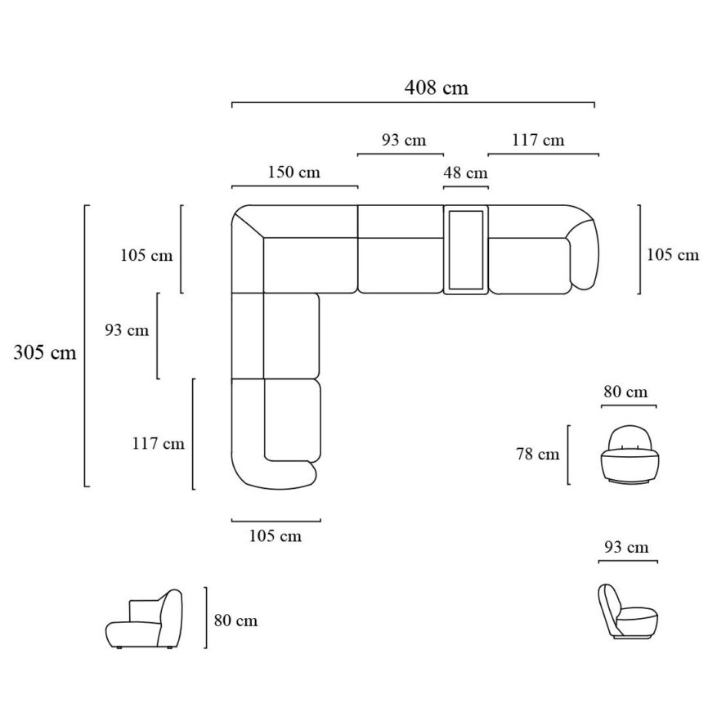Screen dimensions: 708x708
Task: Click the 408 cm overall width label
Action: tap(436, 87)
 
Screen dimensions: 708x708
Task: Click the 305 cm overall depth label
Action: tap(45, 352)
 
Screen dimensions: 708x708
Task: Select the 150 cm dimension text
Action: tap(294, 173)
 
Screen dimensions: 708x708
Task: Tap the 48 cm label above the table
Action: tap(465, 173)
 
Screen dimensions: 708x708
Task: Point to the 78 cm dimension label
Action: tap(537, 454)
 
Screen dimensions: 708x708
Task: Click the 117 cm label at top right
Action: tap(538, 140)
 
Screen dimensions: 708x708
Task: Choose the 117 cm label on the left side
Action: tap(159, 444)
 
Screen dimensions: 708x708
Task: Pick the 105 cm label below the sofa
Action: tap(275, 536)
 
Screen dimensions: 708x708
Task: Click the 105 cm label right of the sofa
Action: tap(673, 254)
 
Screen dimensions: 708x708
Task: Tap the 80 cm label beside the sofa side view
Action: tap(235, 621)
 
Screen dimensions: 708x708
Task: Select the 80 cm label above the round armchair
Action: tap(625, 392)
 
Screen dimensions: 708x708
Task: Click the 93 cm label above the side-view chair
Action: tap(626, 547)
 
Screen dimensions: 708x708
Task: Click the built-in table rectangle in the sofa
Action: tap(465, 249)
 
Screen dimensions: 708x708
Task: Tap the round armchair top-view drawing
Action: tap(629, 455)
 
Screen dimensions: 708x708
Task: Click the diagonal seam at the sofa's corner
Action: tap(249, 223)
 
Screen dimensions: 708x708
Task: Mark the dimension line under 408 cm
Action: tap(413, 105)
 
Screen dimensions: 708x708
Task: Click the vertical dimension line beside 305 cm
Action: tap(86, 345)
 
